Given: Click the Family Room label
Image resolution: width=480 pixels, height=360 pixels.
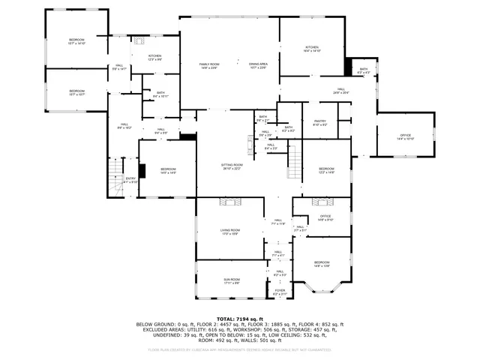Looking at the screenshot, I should [x=208, y=66].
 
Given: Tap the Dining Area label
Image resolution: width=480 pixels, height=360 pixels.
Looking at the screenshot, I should [x=259, y=66].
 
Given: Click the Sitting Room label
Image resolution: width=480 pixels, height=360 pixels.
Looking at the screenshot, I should [x=232, y=166].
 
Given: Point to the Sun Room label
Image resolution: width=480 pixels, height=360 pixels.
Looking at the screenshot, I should [x=230, y=280].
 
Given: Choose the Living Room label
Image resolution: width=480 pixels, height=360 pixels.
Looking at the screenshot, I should [x=229, y=232].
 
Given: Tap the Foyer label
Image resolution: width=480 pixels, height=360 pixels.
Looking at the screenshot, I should [x=280, y=292].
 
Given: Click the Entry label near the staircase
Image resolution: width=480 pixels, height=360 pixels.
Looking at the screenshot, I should [x=130, y=180].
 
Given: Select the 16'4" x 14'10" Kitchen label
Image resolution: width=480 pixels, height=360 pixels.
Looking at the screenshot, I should [x=312, y=49].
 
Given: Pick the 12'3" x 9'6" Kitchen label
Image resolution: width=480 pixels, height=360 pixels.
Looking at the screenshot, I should [x=154, y=57].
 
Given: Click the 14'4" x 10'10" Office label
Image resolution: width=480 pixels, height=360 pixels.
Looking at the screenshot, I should [x=405, y=136].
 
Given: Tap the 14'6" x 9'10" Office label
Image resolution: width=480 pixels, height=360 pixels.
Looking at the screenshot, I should [x=325, y=217].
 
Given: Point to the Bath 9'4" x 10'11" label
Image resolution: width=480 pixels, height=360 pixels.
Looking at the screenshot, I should [x=161, y=94].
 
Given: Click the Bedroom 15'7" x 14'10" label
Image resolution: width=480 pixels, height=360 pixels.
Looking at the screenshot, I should [x=76, y=41].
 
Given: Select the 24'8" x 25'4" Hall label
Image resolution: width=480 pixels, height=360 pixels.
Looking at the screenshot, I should [x=340, y=91].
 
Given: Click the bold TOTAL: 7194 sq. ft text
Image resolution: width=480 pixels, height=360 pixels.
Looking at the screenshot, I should [x=239, y=319].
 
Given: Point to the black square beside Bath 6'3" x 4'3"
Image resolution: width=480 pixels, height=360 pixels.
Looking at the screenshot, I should [x=348, y=67].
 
